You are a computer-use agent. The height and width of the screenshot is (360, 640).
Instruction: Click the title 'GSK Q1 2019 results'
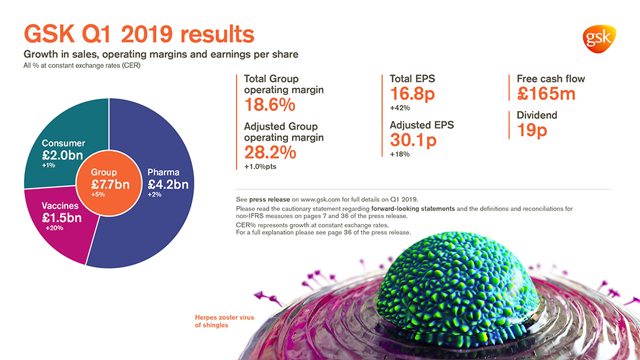(138, 34)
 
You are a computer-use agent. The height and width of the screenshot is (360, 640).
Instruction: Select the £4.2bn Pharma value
(168, 184)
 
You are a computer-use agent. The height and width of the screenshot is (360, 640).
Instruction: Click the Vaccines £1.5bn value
(61, 218)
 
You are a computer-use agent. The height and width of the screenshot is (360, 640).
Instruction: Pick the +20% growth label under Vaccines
(54, 228)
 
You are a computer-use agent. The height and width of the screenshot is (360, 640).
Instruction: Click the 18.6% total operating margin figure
(269, 105)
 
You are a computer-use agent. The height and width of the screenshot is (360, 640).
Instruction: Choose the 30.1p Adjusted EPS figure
(413, 140)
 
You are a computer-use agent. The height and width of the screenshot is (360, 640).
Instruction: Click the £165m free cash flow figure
(546, 94)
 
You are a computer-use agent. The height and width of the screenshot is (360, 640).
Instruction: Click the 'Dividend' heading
(537, 115)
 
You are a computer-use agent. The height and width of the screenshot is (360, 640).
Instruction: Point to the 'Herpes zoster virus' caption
(225, 317)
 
